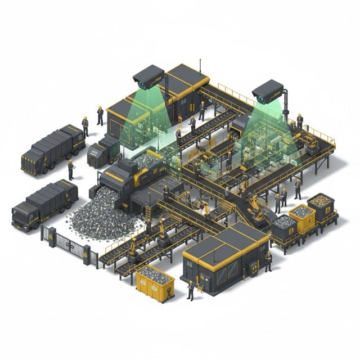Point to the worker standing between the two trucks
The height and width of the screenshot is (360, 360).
[x=71, y=169]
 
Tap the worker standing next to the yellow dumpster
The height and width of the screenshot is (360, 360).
[x=191, y=289]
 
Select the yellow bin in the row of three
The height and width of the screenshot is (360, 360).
[x=301, y=218]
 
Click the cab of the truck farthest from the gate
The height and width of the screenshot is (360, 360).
[x=33, y=160]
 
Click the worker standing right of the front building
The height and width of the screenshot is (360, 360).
[x=268, y=260]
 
